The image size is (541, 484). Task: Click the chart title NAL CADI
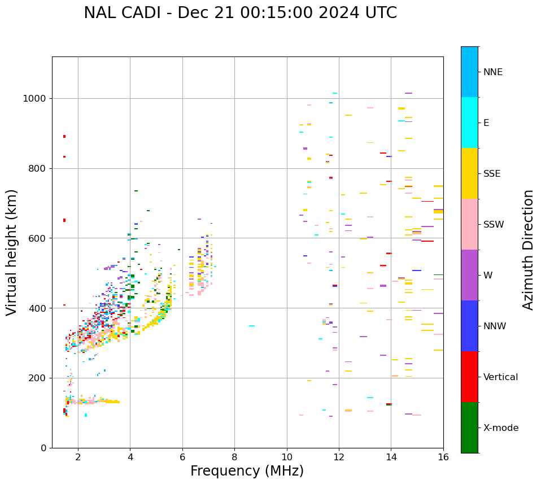tap(240, 13)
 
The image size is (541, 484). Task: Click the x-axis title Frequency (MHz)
tap(247, 471)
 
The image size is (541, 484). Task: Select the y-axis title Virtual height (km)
tap(12, 252)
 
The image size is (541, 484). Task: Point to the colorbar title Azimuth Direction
tap(528, 250)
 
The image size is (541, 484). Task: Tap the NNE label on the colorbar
tap(492, 72)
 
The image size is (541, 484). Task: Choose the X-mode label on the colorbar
tap(500, 428)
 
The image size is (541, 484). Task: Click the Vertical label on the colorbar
tap(500, 377)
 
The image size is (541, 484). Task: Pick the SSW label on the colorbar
tap(494, 225)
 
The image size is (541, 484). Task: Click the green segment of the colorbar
tap(469, 428)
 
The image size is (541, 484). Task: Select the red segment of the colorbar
tap(469, 377)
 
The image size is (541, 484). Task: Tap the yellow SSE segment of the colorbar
tap(469, 173)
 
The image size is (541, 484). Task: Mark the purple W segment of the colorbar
tap(469, 275)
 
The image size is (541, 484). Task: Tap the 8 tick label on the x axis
tap(234, 456)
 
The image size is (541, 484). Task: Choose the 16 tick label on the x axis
tap(443, 456)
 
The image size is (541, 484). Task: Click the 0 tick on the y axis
tap(43, 448)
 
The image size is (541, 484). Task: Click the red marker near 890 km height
tap(64, 136)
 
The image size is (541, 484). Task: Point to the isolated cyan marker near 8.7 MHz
tap(252, 326)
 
